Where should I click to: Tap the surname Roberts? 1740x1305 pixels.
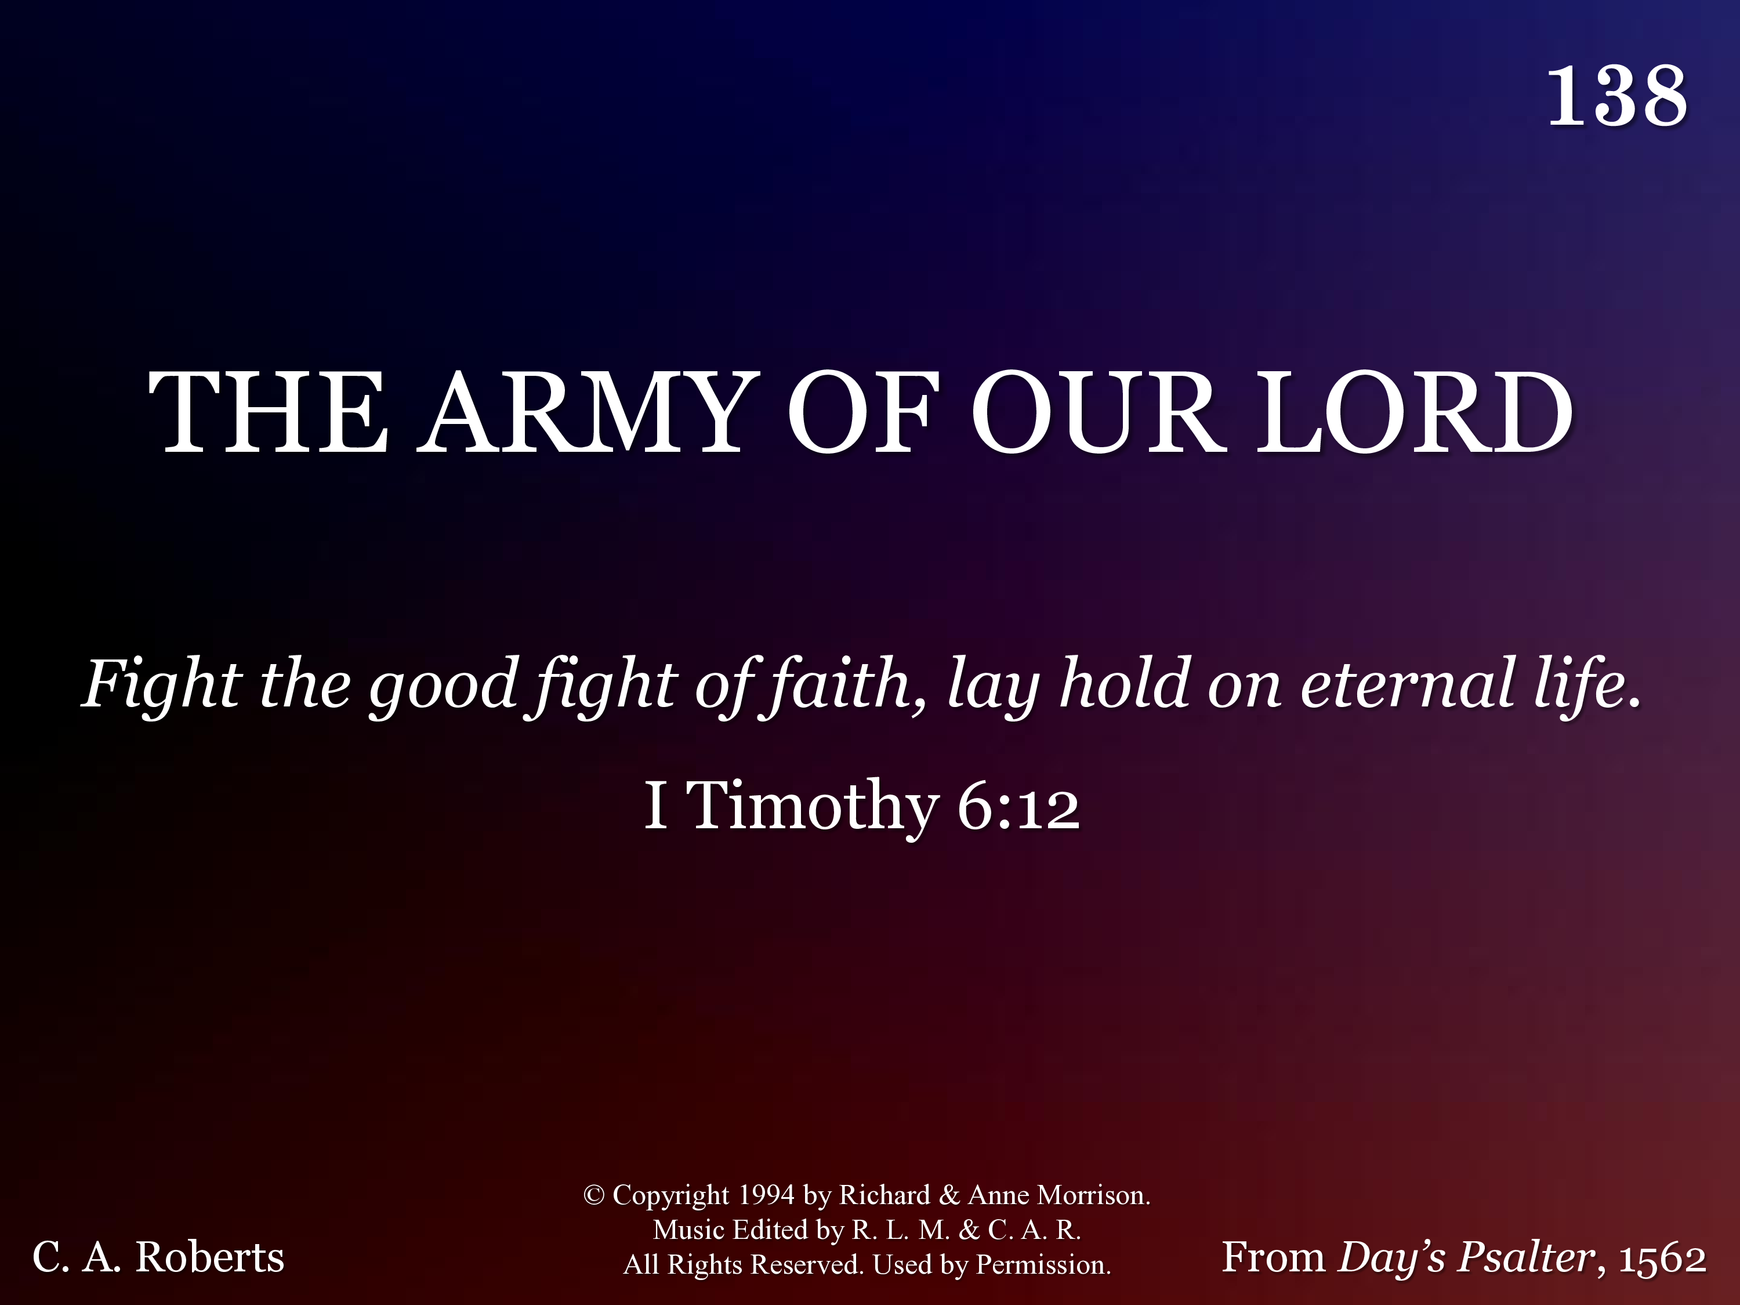(x=209, y=1257)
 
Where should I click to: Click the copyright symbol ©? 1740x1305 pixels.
(x=594, y=1195)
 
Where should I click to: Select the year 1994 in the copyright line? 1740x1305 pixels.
(x=766, y=1195)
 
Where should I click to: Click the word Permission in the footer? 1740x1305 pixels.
(x=1043, y=1264)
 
